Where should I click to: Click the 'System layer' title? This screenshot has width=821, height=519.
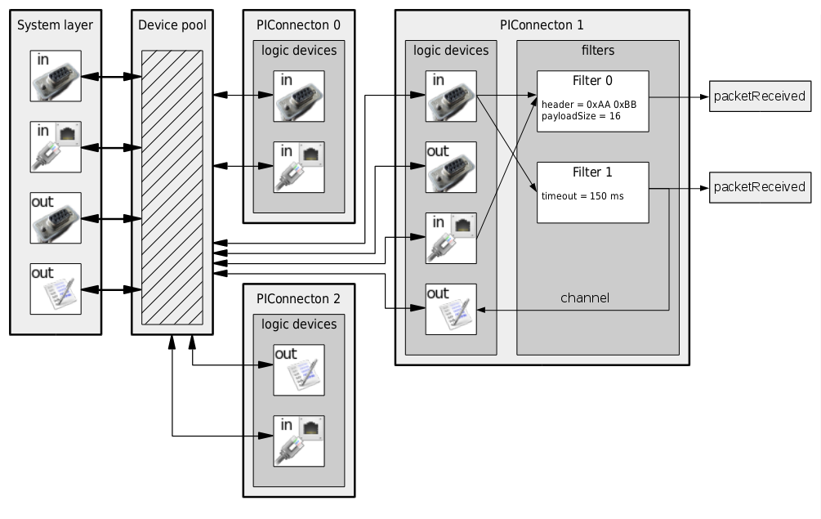point(56,25)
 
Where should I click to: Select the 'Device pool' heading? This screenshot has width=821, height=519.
point(172,25)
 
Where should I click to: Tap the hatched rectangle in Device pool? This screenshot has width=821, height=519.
point(172,187)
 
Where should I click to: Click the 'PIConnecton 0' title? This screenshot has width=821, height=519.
point(298,25)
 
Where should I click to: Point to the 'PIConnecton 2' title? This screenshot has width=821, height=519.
point(298,298)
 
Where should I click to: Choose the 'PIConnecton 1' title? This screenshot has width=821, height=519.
point(542,25)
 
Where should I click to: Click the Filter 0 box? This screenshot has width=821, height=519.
point(592,101)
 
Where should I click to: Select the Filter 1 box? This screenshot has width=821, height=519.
point(592,192)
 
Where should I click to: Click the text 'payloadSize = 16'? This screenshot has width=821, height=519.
point(581,116)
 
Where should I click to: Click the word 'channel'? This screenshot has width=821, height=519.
point(585,298)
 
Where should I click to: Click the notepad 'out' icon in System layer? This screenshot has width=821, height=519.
point(56,289)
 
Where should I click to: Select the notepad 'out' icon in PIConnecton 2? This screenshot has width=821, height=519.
point(298,370)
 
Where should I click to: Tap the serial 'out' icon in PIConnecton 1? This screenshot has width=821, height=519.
point(451,167)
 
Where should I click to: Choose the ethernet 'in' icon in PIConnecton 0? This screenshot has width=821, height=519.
point(298,167)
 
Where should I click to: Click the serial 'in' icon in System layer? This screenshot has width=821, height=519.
point(56,76)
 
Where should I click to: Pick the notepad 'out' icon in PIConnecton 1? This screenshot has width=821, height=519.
point(451,309)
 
